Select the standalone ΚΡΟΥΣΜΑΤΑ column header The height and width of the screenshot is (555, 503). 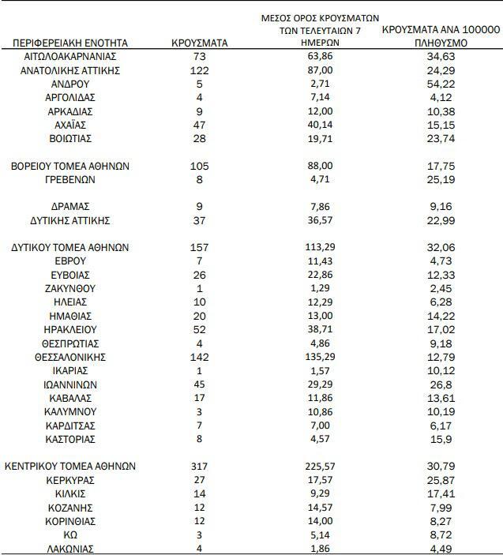pos(199,43)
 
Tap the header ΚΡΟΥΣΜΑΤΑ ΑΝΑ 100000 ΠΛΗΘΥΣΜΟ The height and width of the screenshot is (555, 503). pos(441,36)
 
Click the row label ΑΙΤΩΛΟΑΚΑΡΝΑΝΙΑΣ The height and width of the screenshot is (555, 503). pos(70,57)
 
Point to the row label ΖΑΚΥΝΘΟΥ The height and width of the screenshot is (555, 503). pos(70,289)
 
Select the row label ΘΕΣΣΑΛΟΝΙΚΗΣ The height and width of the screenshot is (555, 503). pos(70,357)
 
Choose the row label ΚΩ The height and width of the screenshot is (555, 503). pos(70,534)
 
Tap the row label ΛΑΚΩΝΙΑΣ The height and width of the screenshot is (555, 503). pos(70,549)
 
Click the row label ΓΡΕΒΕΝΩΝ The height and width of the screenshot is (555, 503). pos(70,179)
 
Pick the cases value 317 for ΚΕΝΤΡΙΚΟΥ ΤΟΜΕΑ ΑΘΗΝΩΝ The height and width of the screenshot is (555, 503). pos(199,467)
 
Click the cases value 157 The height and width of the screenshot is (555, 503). pos(199,248)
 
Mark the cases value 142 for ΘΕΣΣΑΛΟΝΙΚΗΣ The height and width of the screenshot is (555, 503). pos(199,357)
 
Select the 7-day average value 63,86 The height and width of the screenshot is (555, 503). pos(320,57)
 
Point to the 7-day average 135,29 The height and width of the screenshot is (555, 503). pos(320,357)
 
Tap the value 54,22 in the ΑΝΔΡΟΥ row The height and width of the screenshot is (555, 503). pos(441,84)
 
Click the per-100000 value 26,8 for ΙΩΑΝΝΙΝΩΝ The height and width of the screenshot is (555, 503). pos(441,384)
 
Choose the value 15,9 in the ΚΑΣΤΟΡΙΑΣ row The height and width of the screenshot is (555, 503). pos(441,439)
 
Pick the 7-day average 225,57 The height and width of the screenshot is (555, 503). pos(320,467)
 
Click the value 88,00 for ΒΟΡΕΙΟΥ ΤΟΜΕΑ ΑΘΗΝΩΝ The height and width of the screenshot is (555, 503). pos(320,166)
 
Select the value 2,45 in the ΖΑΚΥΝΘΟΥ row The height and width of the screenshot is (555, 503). pos(441,289)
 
